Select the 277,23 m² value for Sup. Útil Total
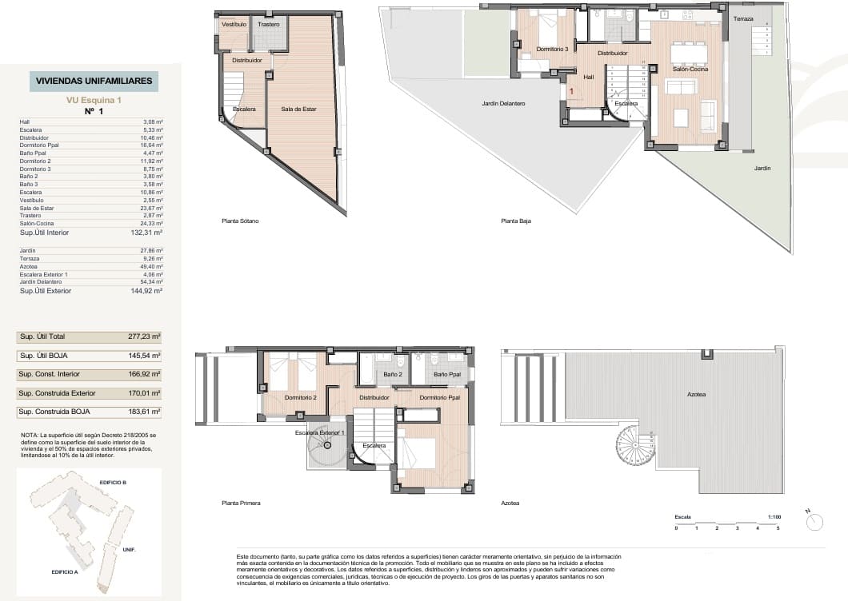(x=145, y=336)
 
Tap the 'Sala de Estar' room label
(x=304, y=109)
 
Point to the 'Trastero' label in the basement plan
(x=269, y=25)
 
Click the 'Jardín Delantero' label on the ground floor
(x=503, y=103)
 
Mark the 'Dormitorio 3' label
(x=552, y=50)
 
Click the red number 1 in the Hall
(x=571, y=92)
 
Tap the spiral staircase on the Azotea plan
(x=635, y=447)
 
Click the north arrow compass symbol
(x=814, y=522)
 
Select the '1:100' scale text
(x=773, y=517)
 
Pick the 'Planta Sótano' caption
(x=241, y=221)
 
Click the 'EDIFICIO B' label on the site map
(x=113, y=484)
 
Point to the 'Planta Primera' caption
(x=241, y=503)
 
